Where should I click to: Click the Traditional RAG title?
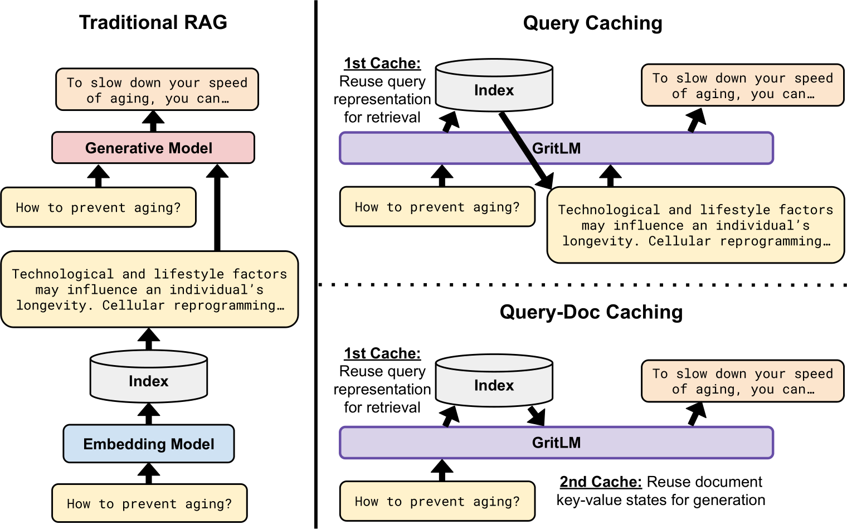153,22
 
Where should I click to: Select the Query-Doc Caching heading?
591,312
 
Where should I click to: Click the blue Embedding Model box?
149,444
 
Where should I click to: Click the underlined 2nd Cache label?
600,482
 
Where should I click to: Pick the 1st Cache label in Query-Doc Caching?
382,353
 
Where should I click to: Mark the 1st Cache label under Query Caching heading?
382,64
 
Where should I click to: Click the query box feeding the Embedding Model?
149,503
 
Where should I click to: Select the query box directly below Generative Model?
99,207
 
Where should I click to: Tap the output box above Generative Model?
157,90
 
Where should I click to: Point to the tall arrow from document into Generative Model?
217,209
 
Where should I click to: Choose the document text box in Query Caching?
695,225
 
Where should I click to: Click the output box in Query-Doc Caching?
742,381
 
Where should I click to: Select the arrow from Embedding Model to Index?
149,414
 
